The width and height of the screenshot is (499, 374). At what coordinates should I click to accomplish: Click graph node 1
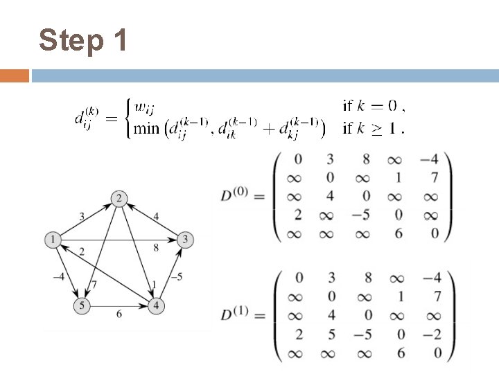(x=52, y=240)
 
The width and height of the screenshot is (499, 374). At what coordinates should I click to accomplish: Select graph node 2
(x=119, y=199)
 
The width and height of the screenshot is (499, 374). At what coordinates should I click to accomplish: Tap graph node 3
(x=186, y=240)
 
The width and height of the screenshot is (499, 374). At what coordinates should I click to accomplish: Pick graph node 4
(x=157, y=305)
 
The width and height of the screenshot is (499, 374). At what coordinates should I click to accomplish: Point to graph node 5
(x=82, y=305)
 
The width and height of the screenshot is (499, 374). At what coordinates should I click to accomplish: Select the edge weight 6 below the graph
(x=119, y=314)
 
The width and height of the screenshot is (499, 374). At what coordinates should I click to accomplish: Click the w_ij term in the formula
(x=144, y=107)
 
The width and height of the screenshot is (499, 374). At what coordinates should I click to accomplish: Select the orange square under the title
(x=15, y=75)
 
